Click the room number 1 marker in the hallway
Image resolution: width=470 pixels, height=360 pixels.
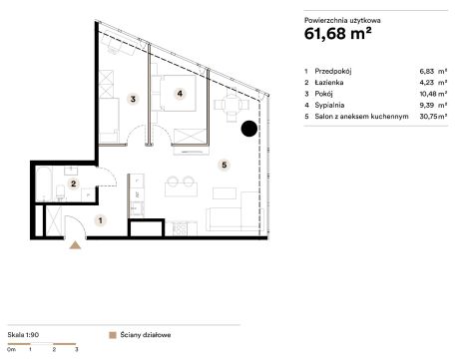101,220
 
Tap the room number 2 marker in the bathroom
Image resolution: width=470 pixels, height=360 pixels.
74,183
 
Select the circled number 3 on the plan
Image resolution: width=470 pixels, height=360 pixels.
133,99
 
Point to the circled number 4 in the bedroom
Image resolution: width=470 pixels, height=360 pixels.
180,94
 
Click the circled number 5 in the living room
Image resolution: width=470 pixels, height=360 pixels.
225,165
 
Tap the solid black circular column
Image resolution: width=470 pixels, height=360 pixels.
249,129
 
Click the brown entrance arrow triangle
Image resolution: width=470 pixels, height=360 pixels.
75,245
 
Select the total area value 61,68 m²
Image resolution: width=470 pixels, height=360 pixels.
337,33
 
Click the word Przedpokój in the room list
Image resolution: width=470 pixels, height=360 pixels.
333,71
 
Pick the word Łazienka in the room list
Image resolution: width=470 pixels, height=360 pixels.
329,82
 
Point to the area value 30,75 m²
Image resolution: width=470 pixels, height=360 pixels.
433,117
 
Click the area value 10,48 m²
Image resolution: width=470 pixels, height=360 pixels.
433,94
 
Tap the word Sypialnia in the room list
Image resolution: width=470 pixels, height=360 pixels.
329,105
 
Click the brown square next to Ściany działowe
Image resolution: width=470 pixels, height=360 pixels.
113,335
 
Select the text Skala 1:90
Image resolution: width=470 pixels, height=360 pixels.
23,335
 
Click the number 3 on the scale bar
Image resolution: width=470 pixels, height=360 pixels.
77,349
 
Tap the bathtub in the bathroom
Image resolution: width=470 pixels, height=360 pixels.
44,183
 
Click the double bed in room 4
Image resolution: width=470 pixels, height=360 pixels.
178,93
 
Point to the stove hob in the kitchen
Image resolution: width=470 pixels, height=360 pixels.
180,228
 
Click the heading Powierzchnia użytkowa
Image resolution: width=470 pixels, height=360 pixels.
342,20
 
